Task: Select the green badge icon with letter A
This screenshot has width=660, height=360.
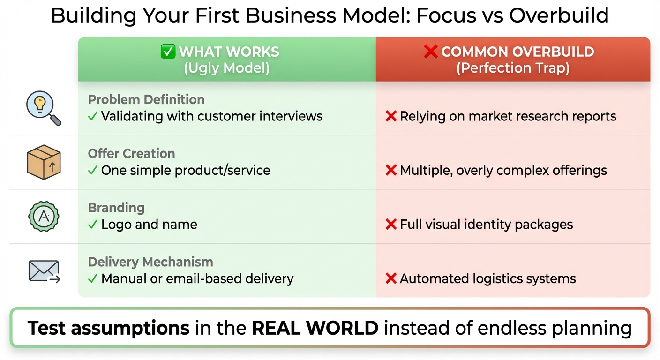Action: [x=43, y=217]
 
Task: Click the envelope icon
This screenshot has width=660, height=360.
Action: [x=43, y=271]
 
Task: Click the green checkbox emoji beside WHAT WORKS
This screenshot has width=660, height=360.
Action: [x=167, y=52]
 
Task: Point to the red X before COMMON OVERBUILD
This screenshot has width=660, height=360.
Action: [x=430, y=52]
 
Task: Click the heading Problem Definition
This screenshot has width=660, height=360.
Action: [x=146, y=99]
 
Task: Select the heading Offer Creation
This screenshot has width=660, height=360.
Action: [x=131, y=153]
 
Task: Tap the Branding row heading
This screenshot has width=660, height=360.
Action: [x=116, y=208]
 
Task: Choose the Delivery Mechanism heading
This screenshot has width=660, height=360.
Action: [x=150, y=262]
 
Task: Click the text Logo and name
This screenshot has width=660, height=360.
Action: [x=149, y=225]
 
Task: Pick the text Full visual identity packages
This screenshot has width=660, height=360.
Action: [x=486, y=225]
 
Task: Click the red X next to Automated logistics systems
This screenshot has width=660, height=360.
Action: [x=391, y=279]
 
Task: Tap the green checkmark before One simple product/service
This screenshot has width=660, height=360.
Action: [x=93, y=170]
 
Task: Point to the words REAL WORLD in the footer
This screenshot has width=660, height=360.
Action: [x=315, y=328]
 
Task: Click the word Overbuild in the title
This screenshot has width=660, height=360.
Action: [x=559, y=15]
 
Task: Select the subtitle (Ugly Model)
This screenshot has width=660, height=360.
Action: [x=226, y=68]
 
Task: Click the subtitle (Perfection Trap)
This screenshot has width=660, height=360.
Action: [x=513, y=68]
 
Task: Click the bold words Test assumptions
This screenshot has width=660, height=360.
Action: [x=108, y=328]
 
